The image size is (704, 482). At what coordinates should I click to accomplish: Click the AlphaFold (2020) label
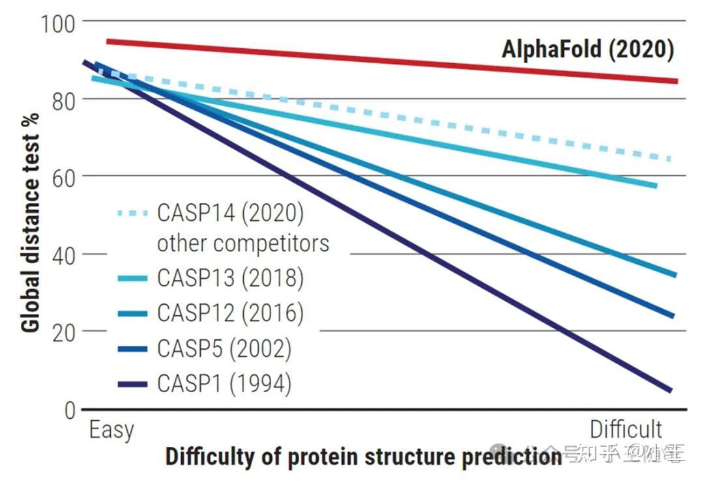[587, 50]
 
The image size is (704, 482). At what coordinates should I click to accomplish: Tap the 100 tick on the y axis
[58, 23]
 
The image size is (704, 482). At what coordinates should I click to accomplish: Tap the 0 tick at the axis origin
[70, 410]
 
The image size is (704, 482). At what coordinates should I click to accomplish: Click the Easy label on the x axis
[111, 430]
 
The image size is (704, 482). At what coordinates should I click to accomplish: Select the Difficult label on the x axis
[626, 430]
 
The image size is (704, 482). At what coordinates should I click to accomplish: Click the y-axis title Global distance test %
[31, 222]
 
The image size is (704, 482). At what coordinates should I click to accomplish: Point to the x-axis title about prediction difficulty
[363, 457]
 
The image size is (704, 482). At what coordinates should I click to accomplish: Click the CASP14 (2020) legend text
[230, 213]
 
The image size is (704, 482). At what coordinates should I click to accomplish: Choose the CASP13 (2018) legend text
[230, 278]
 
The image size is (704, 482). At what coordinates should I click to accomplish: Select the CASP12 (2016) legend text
[230, 313]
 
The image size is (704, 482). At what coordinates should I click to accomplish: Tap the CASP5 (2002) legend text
[224, 348]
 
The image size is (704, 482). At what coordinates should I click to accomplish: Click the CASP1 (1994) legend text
[224, 384]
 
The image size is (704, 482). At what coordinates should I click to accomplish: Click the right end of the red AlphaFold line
[675, 81]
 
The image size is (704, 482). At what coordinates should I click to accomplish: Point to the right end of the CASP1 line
[669, 390]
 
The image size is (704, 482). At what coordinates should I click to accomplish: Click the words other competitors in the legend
[242, 243]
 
